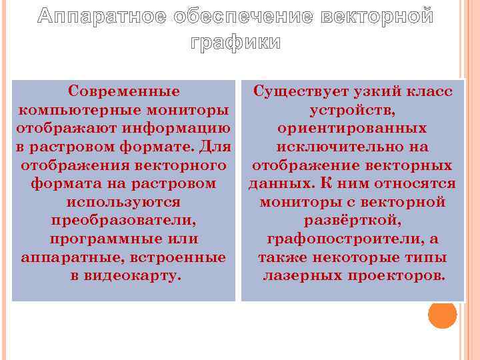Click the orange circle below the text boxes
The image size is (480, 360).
point(442,314)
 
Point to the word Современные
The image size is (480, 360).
point(124,91)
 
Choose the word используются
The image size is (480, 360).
point(124,201)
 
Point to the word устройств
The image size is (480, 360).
point(353,109)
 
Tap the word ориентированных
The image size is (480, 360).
point(353,127)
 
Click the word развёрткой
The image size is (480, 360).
point(353,220)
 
